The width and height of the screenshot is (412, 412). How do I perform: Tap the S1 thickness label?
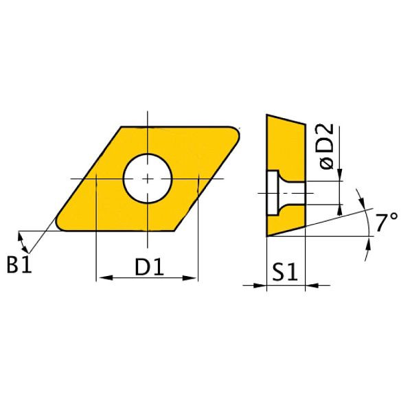click(284, 273)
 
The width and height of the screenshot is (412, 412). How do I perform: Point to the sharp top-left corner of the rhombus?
click(122, 127)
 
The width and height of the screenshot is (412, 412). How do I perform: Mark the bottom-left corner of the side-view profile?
click(266, 236)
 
